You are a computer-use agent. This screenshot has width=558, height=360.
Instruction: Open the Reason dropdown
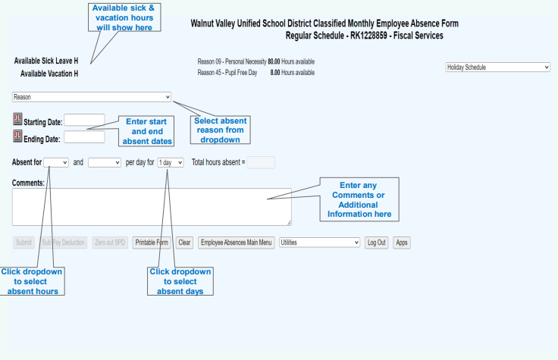coord(92,97)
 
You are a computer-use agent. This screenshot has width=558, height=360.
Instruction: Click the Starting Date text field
coord(84,120)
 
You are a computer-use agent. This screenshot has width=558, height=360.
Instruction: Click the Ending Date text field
coord(84,137)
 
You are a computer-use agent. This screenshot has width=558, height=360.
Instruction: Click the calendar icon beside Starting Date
coord(18,120)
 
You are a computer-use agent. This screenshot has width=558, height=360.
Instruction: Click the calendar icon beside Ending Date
coord(18,136)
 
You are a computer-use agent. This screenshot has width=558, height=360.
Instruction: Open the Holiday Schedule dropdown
coord(497,67)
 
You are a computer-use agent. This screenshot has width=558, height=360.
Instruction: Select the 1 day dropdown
coord(171,162)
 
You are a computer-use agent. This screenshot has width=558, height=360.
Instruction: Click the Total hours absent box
coord(261,162)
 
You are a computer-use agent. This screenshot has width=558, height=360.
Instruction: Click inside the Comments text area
coord(152,206)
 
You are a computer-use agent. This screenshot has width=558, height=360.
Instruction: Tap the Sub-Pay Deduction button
coord(64,243)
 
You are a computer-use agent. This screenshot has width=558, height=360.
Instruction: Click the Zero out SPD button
coord(110,243)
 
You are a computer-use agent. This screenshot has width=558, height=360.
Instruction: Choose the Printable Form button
coord(151,243)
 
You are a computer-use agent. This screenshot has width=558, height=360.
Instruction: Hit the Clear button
coord(184,243)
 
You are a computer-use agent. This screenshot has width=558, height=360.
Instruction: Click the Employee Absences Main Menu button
coord(236,243)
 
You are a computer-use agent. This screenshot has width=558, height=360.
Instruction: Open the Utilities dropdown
coord(319,243)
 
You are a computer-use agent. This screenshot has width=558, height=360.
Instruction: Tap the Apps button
coord(402,243)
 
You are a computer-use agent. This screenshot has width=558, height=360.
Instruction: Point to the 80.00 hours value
coord(275,61)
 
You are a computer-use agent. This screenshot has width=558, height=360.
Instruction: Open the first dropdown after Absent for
coord(57,162)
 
